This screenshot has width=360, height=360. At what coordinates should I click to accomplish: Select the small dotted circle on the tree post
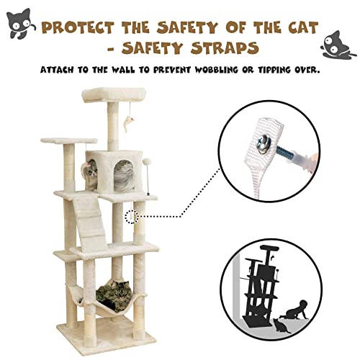tap(130, 216)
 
